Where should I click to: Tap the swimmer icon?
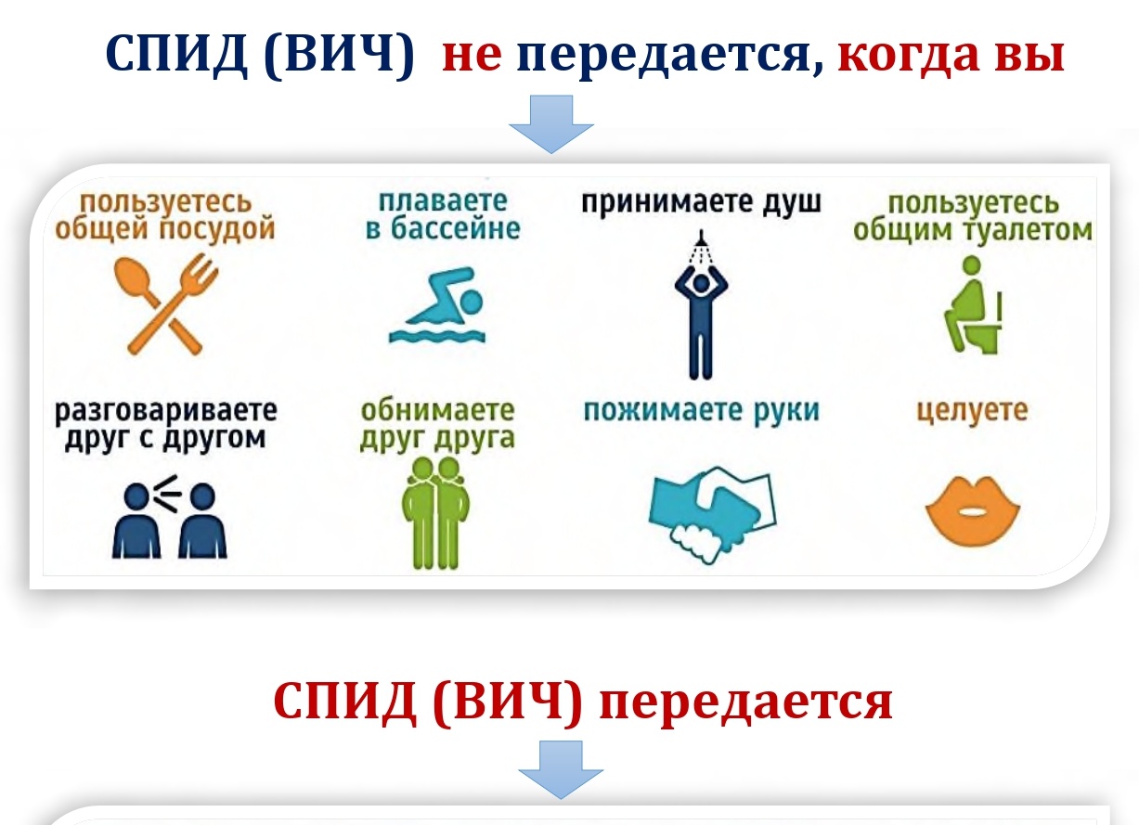pyautogui.click(x=436, y=306)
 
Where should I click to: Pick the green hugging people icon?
pyautogui.click(x=435, y=511)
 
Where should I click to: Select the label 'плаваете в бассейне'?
pyautogui.click(x=442, y=214)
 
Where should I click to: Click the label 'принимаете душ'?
pyautogui.click(x=702, y=202)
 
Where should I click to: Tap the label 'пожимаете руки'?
pyautogui.click(x=702, y=410)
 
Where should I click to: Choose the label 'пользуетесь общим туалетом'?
pyautogui.click(x=971, y=216)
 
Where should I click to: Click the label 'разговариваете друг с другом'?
pyautogui.click(x=165, y=423)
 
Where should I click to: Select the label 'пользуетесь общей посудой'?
pyautogui.click(x=165, y=214)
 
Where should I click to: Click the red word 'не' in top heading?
pyautogui.click(x=472, y=57)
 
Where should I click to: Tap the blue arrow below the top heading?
pyautogui.click(x=551, y=122)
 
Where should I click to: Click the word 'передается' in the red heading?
pyautogui.click(x=745, y=703)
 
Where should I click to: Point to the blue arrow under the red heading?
pyautogui.click(x=560, y=769)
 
